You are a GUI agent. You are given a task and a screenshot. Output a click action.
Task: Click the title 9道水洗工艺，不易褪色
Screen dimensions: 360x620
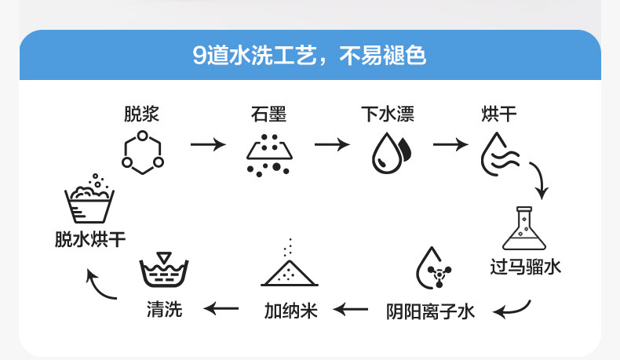310,56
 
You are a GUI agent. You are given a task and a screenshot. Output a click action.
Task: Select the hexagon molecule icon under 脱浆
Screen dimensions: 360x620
142,151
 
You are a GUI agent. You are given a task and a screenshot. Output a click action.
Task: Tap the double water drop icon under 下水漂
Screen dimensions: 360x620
389,153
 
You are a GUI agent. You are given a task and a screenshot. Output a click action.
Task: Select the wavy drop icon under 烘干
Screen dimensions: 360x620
498,153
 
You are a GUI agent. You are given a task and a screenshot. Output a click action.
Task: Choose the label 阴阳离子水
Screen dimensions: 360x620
431,311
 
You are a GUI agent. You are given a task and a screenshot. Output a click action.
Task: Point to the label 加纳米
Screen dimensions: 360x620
290,311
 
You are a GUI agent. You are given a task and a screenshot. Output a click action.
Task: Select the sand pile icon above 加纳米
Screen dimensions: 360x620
289,267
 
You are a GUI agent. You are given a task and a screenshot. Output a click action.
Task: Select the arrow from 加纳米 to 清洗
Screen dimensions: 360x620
222,309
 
